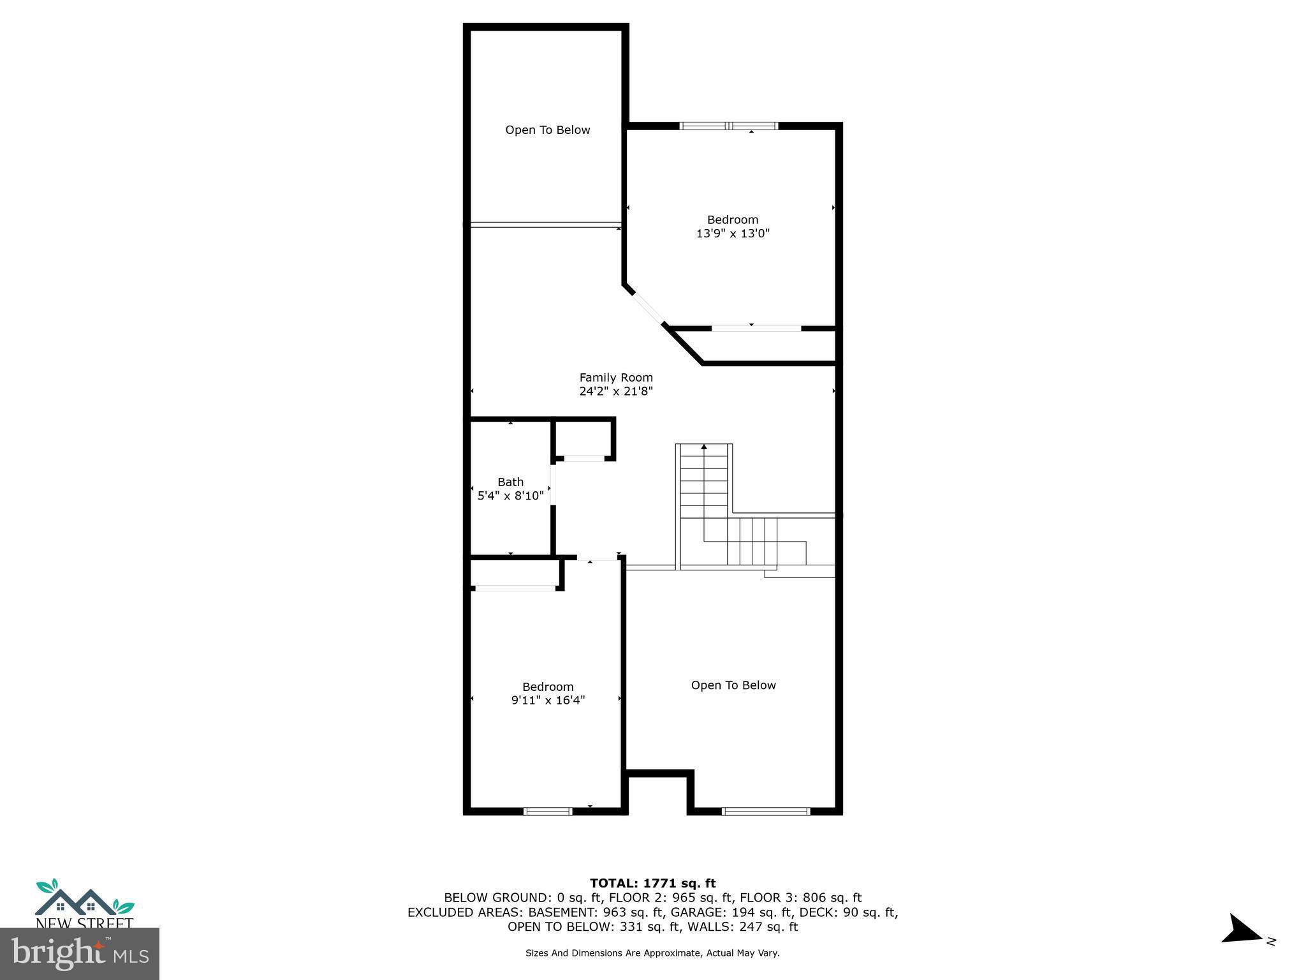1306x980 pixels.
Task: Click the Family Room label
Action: (x=616, y=377)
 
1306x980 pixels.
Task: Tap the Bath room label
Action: (x=510, y=482)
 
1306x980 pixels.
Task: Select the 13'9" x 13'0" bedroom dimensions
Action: (x=733, y=234)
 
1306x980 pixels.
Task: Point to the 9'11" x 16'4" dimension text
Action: (x=548, y=700)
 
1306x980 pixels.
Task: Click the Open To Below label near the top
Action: (x=547, y=130)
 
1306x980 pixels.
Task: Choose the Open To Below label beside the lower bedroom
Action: (x=733, y=685)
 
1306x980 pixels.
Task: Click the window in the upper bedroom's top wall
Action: (x=729, y=126)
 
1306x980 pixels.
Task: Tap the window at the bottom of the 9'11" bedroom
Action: (x=548, y=811)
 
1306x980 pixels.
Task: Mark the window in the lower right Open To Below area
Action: (x=766, y=811)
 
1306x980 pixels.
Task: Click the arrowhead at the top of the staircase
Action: (x=704, y=447)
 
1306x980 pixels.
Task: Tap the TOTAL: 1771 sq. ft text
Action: (x=652, y=883)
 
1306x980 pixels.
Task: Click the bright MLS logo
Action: (x=80, y=954)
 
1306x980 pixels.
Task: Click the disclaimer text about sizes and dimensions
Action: (x=652, y=953)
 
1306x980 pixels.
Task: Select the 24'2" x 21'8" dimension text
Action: (x=616, y=391)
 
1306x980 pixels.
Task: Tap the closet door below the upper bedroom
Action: (x=756, y=328)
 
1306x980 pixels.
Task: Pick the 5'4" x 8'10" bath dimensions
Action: (x=510, y=496)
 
